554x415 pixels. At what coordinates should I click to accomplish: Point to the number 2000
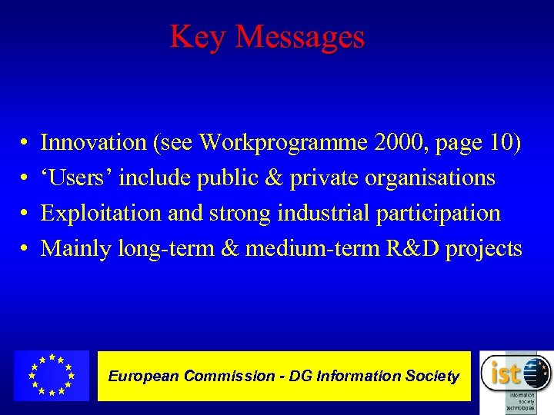[x=392, y=142]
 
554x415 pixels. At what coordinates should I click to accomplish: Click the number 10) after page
[x=505, y=142]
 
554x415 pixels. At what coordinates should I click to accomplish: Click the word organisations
[x=429, y=178]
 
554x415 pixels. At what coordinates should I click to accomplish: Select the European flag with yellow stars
[x=52, y=376]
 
